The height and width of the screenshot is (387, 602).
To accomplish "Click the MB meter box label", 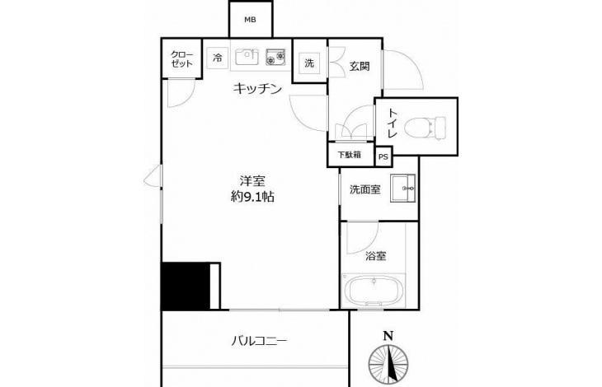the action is pos(251,20).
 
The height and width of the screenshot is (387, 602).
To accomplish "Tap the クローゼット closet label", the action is pos(181,59).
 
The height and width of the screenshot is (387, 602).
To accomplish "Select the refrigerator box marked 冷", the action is pos(218,58).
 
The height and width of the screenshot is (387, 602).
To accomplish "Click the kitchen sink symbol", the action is pos(247,58).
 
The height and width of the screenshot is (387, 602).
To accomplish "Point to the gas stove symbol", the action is pos(275,57).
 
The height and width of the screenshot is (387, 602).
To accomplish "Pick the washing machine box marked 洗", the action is pos(309,63).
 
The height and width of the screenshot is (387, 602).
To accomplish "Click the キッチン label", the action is pos(257,89).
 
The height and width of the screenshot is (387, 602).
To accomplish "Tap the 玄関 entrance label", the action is pos(360,67).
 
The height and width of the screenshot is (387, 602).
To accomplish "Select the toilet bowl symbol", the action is pos(426,126).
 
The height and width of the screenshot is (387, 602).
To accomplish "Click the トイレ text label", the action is pos(391,124).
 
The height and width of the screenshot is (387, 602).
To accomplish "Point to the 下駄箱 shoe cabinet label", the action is pos(349,155).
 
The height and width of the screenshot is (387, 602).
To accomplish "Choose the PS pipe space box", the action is pos(383,156).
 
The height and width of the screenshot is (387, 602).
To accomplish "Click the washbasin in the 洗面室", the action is pos(402,188).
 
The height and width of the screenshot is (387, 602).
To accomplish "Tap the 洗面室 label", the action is pos(364,189).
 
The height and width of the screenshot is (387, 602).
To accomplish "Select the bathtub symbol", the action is pos(373,289).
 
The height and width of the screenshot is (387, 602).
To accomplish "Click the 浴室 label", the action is pos(375,256).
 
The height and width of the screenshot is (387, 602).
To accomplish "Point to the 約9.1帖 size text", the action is pos(252,197).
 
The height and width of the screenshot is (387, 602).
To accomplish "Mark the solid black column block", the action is pos(186,286).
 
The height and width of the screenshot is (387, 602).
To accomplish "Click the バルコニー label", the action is pos(259,341).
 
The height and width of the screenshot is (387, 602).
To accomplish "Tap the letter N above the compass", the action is pos(388,336).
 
